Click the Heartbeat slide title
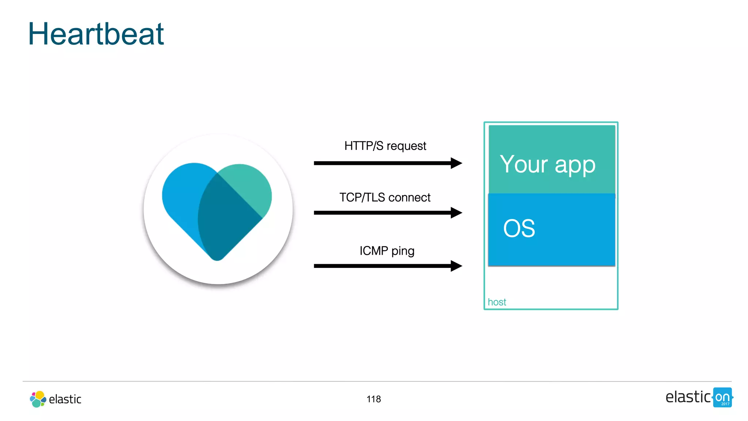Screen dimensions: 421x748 pos(96,34)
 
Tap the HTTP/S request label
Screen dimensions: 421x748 pos(385,146)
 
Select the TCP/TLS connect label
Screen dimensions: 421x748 pos(385,197)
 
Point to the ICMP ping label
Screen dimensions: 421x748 pos(387,251)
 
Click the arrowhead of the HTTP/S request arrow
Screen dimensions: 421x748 pos(457,163)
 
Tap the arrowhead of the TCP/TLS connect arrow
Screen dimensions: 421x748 pos(457,213)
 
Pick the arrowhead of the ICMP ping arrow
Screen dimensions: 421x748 pos(457,266)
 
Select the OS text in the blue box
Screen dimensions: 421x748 pos(519,229)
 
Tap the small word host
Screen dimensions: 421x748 pos(497,302)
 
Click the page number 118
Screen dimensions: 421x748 pos(374,399)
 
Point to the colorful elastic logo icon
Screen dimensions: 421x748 pos(38,399)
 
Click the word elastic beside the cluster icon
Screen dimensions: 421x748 pos(65,399)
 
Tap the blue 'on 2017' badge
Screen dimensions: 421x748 pos(722,398)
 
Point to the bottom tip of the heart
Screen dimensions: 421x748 pos(217,258)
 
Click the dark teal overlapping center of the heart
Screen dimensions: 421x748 pos(226,219)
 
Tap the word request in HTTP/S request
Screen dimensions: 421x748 pos(406,146)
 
